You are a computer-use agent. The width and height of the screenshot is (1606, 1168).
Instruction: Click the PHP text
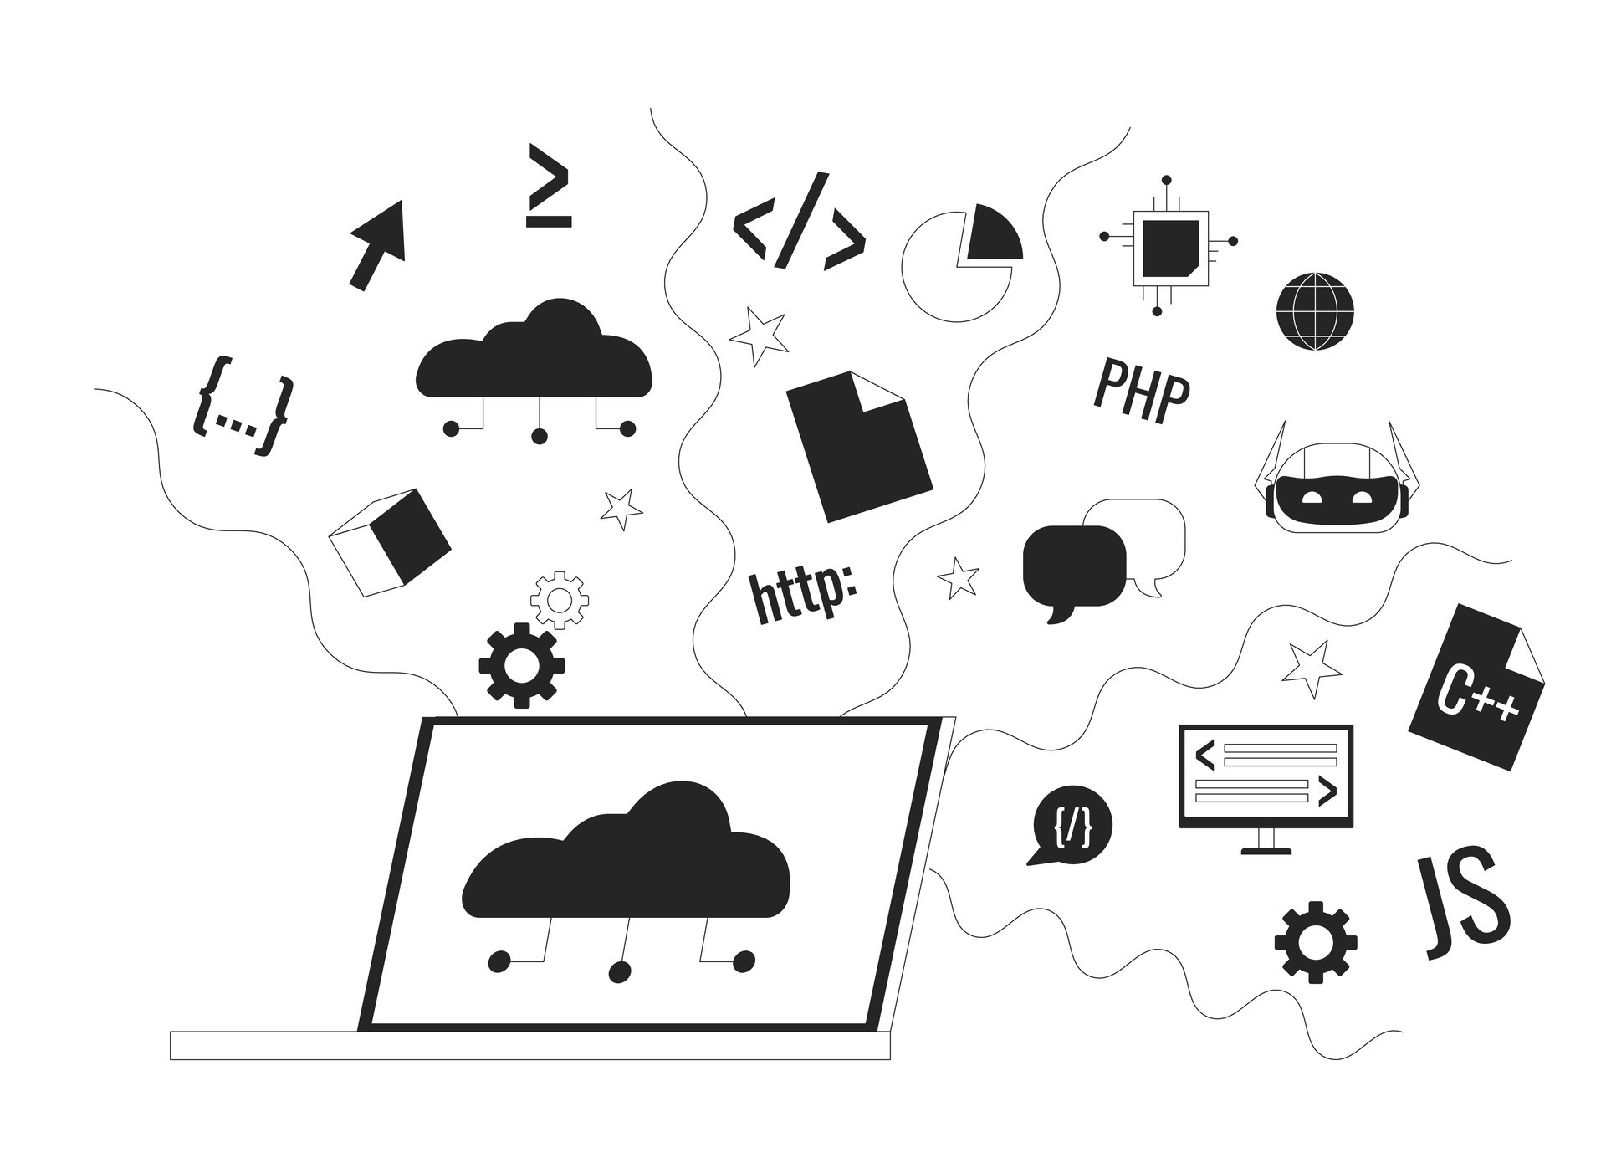pyautogui.click(x=1141, y=392)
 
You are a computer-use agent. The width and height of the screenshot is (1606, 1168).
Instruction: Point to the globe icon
pyautogui.click(x=1315, y=311)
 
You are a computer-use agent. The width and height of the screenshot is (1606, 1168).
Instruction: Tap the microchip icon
pyautogui.click(x=1169, y=243)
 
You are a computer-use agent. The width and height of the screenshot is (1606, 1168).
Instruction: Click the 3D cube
pyautogui.click(x=390, y=541)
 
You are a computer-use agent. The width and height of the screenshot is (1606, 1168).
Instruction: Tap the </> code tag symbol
pyautogui.click(x=798, y=223)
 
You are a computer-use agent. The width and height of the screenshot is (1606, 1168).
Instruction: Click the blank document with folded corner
pyautogui.click(x=858, y=447)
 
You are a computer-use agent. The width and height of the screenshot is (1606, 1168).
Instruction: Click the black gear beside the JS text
pyautogui.click(x=1315, y=941)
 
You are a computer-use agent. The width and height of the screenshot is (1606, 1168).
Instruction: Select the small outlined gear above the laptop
pyautogui.click(x=560, y=600)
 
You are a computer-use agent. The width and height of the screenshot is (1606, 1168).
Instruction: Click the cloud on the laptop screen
pyautogui.click(x=626, y=862)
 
